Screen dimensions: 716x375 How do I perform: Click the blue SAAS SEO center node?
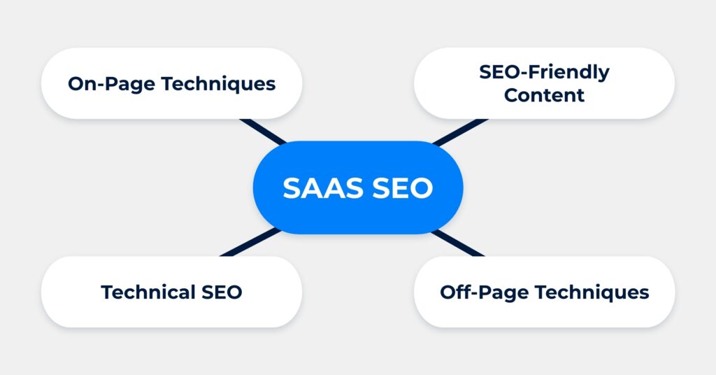[358, 187]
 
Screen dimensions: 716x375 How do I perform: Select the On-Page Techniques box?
[172, 83]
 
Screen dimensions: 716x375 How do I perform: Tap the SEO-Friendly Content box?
[544, 83]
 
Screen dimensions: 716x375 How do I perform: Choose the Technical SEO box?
[172, 292]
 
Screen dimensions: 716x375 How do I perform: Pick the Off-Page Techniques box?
[544, 292]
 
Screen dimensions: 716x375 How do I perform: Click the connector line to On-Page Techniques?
[263, 132]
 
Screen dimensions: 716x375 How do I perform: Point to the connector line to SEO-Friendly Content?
[460, 132]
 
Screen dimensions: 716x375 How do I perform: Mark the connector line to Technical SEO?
[250, 243]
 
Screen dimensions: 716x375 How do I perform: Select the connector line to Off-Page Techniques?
[457, 243]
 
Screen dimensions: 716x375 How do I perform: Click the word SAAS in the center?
[323, 187]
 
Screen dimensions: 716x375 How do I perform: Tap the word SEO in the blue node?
[402, 187]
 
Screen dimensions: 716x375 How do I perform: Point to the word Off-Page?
[484, 292]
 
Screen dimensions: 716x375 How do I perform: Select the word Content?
[544, 95]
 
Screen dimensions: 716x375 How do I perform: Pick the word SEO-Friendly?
[544, 72]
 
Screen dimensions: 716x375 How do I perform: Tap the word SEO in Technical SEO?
[222, 292]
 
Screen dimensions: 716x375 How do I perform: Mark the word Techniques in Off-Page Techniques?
[592, 292]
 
